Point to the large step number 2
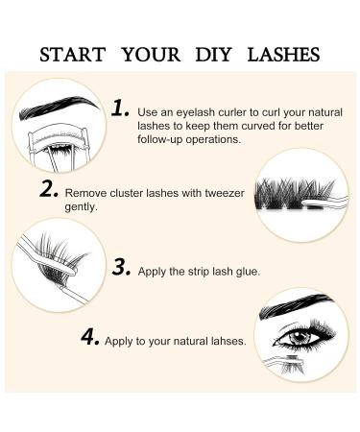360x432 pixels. click(51, 189)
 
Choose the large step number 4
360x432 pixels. click(89, 338)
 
